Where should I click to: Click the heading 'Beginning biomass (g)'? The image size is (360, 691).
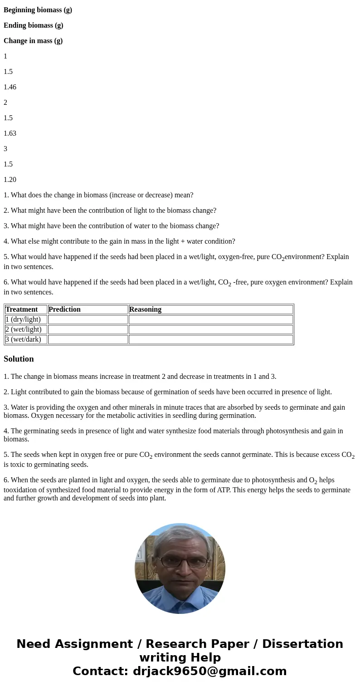38,10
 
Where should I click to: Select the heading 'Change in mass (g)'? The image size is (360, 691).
33,41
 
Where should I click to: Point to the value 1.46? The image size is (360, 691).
10,87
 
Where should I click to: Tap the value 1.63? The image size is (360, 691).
10,133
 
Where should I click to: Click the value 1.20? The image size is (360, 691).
10,180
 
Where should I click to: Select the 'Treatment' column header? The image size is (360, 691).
22,309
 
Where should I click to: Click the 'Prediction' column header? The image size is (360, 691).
65,309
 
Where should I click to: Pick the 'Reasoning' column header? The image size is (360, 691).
145,309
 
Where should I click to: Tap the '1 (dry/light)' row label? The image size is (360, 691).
23,319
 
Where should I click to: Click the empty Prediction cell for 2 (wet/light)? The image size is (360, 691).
88,329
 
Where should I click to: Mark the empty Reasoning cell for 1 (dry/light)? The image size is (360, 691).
210,319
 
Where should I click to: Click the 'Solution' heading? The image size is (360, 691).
19,359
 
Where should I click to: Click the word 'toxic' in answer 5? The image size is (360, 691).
20,465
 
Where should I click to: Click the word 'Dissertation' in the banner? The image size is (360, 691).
302,644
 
